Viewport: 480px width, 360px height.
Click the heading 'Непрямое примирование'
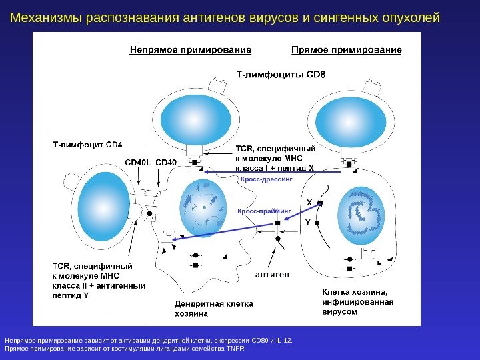(190, 50)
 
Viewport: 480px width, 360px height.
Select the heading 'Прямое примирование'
(347, 50)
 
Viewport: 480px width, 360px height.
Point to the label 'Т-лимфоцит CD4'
(88, 143)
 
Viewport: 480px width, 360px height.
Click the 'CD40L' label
(139, 162)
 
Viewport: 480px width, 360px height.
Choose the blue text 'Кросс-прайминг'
(265, 211)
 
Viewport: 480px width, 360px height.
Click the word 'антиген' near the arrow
(273, 274)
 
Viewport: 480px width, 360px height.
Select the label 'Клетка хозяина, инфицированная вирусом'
(358, 301)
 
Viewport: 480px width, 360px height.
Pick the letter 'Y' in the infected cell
(307, 221)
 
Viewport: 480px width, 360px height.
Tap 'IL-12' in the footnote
(284, 341)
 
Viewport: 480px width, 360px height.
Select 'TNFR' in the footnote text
(235, 348)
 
